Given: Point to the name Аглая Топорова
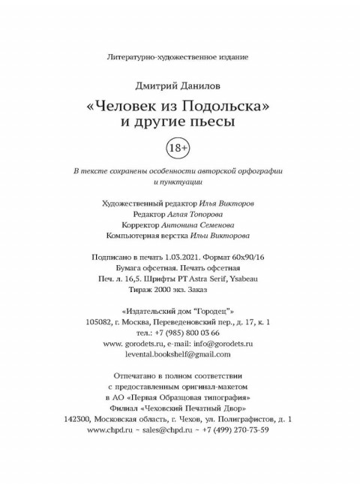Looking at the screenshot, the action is [192, 213].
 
